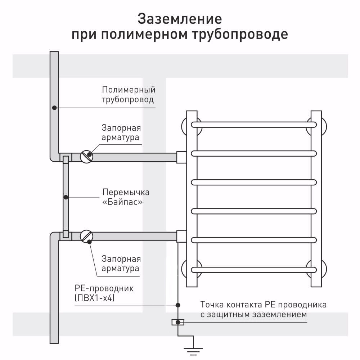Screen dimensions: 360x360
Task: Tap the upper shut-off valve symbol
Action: (x=86, y=157)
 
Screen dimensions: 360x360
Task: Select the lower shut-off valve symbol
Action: (x=86, y=236)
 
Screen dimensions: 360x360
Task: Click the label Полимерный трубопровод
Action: (x=129, y=94)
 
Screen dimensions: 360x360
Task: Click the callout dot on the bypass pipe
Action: (x=66, y=197)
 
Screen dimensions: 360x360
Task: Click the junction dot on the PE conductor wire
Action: (x=178, y=305)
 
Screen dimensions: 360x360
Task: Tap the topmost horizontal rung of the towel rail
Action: (x=254, y=125)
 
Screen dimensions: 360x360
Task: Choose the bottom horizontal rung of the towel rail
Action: (x=254, y=269)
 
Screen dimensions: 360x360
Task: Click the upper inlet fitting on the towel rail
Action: (x=181, y=157)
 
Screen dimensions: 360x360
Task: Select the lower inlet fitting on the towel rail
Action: (x=181, y=236)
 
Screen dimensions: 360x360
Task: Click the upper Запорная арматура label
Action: (x=121, y=132)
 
